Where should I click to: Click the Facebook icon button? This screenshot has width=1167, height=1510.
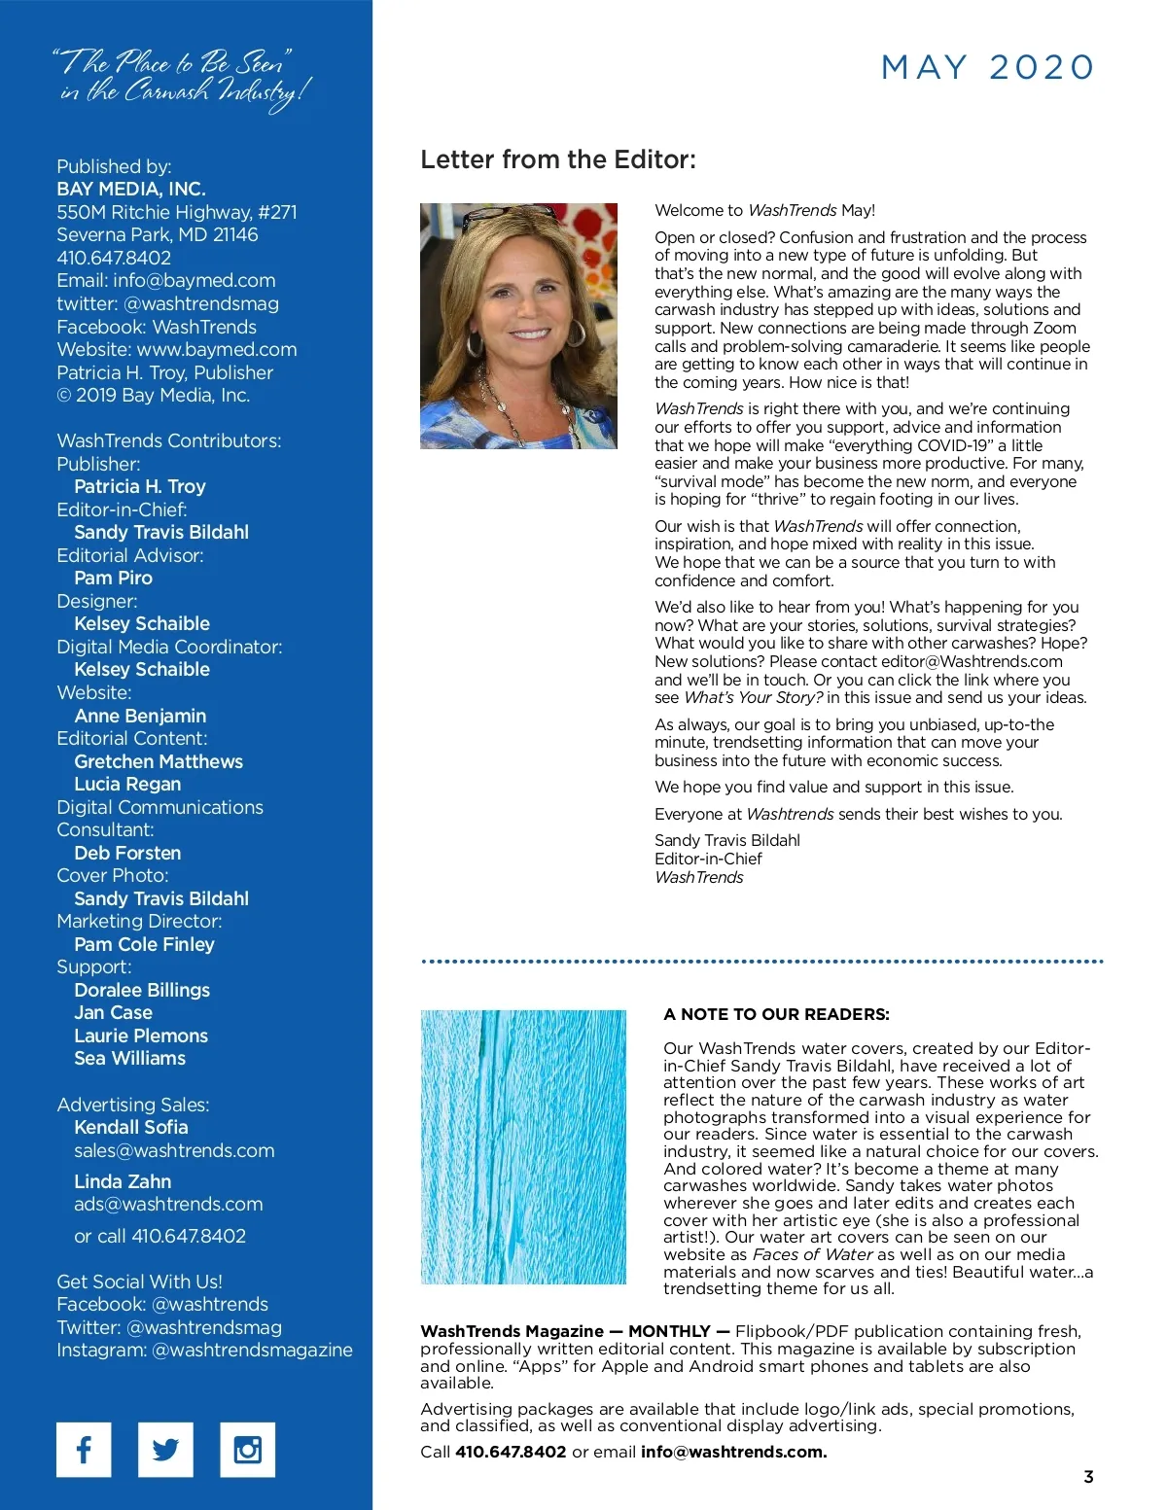84,1449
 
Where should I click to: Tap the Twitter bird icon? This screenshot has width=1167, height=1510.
165,1449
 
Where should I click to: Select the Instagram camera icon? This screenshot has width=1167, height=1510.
247,1449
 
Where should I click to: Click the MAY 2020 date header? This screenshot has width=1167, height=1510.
987,67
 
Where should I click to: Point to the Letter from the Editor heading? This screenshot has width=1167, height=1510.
558,159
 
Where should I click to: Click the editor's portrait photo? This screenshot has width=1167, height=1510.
518,326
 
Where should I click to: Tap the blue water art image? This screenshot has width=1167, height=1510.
523,1146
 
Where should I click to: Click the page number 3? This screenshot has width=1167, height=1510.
1088,1476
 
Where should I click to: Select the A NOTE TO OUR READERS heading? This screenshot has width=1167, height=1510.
776,1014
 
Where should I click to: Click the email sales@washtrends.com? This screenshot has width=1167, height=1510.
174,1150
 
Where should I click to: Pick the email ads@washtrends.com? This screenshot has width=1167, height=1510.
168,1204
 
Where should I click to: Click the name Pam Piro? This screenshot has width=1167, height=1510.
113,578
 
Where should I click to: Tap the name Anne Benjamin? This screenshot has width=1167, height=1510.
140,716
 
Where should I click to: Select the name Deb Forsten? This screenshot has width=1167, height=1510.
127,853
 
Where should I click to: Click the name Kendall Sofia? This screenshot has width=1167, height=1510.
131,1127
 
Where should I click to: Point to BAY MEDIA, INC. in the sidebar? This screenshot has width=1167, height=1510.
131,189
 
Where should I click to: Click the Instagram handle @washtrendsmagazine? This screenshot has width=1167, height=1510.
252,1350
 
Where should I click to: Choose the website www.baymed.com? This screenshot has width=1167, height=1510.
217,349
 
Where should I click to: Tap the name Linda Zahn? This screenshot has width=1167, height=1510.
123,1181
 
